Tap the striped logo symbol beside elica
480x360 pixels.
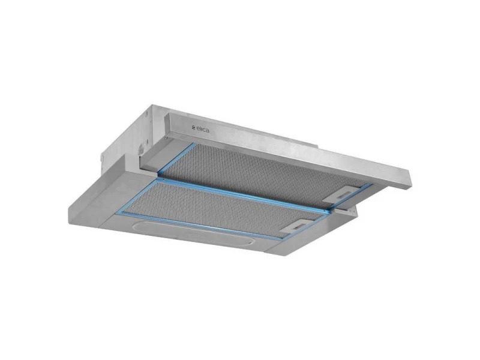pos(193,128)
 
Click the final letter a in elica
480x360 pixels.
pos(208,131)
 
